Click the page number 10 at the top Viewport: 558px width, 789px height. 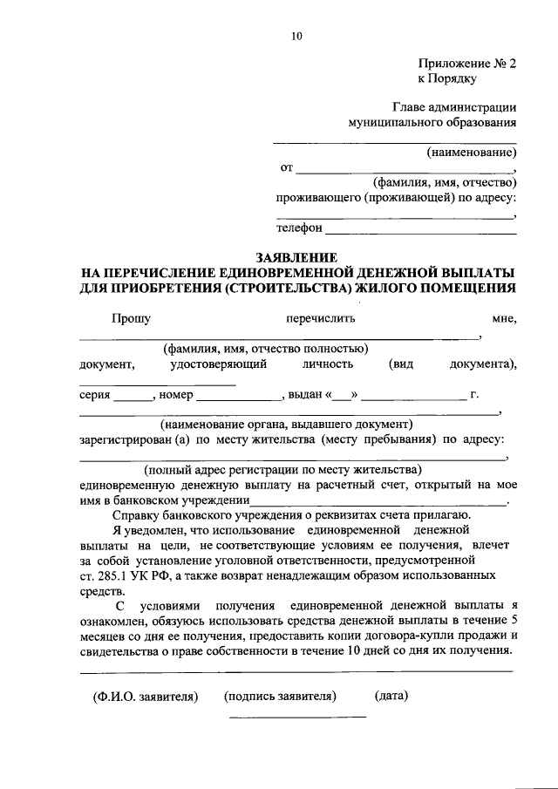pyautogui.click(x=296, y=36)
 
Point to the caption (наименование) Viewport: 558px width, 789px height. pyautogui.click(x=471, y=152)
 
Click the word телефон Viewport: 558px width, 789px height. pyautogui.click(x=300, y=228)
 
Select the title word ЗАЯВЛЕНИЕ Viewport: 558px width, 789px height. pyautogui.click(x=296, y=259)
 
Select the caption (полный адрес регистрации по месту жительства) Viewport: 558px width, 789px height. pyautogui.click(x=283, y=469)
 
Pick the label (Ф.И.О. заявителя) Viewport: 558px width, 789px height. pyautogui.click(x=146, y=696)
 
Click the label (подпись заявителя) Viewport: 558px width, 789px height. pyautogui.click(x=280, y=696)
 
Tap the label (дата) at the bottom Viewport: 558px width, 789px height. pyautogui.click(x=391, y=696)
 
